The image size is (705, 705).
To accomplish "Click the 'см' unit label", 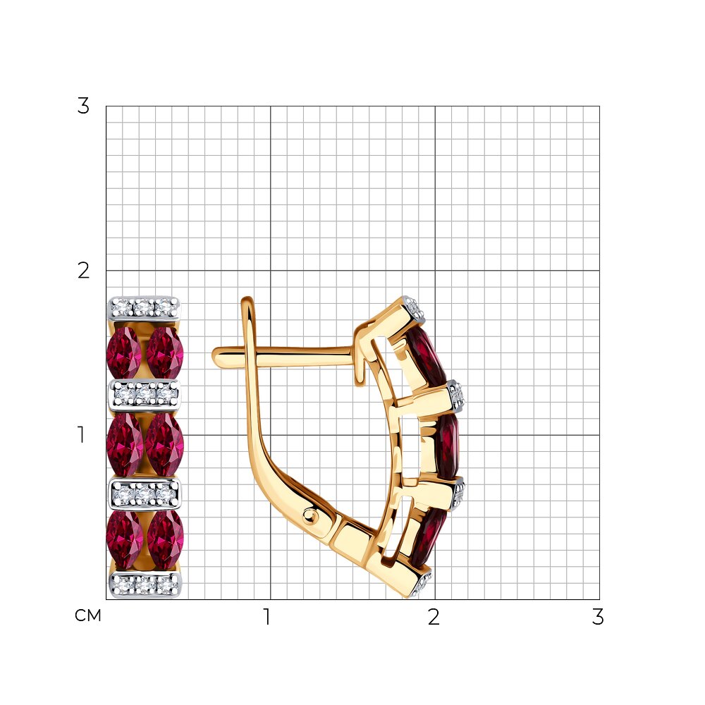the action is click(x=88, y=615).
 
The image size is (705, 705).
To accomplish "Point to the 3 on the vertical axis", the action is click(x=83, y=106).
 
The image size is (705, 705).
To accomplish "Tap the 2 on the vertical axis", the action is click(x=83, y=271).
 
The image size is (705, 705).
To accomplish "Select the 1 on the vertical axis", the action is click(x=81, y=435).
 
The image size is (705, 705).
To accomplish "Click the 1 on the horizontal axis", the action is click(x=267, y=617).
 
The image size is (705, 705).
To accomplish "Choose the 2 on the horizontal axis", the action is click(x=434, y=617).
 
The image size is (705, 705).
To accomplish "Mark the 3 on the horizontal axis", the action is click(x=598, y=617).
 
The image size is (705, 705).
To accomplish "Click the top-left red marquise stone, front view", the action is click(x=124, y=352).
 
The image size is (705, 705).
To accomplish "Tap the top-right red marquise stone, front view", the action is click(x=165, y=352).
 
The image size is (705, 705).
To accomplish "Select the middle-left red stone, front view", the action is click(x=125, y=444).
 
